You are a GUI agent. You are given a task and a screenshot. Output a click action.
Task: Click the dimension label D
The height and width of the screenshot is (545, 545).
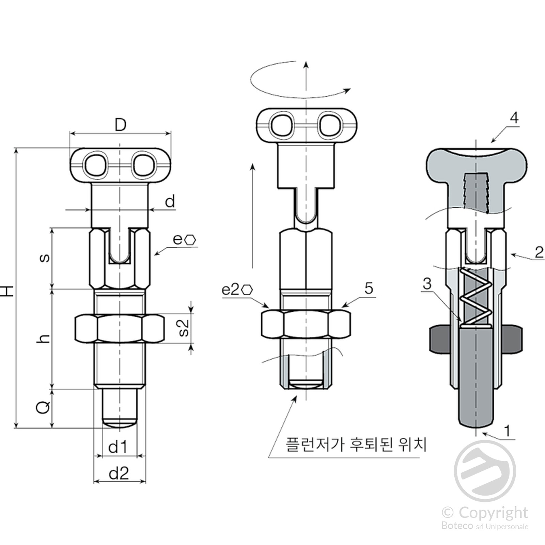120,125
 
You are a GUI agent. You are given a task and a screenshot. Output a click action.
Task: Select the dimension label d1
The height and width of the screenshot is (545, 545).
118,447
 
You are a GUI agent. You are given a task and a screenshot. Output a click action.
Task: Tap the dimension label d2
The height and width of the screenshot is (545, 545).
119,473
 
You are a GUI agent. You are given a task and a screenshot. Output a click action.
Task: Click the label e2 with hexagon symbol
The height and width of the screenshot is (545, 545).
237,290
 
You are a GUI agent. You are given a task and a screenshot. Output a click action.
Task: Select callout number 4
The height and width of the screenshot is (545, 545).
514,118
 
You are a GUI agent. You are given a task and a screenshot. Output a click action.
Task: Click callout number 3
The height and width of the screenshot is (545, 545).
427,283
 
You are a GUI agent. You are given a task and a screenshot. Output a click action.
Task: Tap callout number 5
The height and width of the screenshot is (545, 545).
369,288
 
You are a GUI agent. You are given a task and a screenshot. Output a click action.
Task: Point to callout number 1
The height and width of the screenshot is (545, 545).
507,431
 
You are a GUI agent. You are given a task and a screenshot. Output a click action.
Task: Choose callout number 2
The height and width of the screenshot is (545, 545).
539,252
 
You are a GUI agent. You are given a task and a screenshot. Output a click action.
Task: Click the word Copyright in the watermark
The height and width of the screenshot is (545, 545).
493,513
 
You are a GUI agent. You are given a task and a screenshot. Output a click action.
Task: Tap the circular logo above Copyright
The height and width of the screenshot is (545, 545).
485,471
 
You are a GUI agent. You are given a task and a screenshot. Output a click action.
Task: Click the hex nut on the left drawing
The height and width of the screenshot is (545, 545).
119,328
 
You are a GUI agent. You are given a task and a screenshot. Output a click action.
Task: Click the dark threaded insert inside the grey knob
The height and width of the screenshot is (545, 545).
476,192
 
